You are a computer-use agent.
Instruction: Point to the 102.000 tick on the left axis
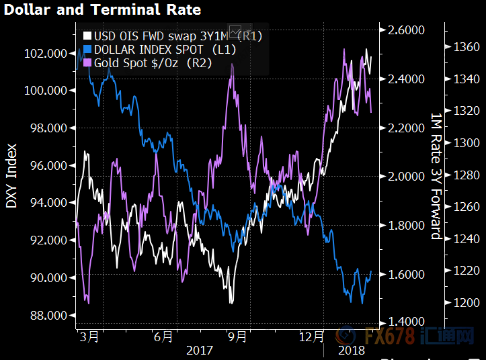[46, 53]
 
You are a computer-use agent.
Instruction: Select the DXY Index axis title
[12, 175]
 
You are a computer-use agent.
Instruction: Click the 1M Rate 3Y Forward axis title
[436, 176]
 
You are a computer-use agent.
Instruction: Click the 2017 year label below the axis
[200, 350]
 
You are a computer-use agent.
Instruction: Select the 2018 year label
[350, 350]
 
